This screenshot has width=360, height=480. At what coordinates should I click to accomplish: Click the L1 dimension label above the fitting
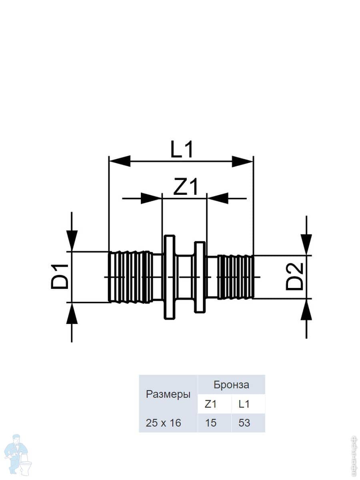pyautogui.click(x=182, y=150)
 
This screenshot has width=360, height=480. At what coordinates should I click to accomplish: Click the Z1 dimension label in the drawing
pyautogui.click(x=185, y=187)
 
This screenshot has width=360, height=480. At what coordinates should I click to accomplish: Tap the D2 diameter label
pyautogui.click(x=295, y=277)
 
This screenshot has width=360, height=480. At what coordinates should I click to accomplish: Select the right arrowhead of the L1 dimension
pyautogui.click(x=243, y=161)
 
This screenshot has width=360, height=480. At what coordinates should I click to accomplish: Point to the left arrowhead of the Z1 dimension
pyautogui.click(x=151, y=198)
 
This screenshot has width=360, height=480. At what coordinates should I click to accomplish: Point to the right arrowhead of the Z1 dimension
pyautogui.click(x=218, y=198)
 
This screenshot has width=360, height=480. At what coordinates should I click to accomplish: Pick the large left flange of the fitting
pyautogui.click(x=170, y=277)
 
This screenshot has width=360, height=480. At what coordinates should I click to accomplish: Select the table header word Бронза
pyautogui.click(x=231, y=385)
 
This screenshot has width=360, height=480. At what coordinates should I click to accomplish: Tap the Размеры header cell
pyautogui.click(x=168, y=394)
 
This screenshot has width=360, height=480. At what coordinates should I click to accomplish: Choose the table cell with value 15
pyautogui.click(x=210, y=423)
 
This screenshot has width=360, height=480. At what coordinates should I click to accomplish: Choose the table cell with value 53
pyautogui.click(x=244, y=423)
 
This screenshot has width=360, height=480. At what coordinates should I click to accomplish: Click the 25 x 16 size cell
pyautogui.click(x=164, y=423)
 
